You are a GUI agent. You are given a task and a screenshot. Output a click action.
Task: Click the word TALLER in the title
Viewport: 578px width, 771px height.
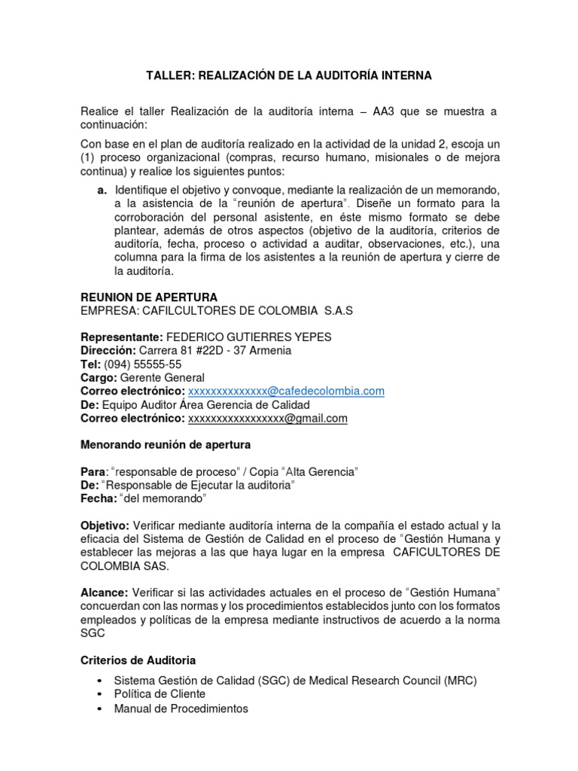(x=168, y=75)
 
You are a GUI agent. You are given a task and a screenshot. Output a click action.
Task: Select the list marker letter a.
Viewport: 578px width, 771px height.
(x=102, y=191)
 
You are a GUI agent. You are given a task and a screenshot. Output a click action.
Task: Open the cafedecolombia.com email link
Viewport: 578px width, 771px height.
(x=286, y=392)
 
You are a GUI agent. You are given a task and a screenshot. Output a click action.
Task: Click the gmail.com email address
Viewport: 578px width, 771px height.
(x=267, y=419)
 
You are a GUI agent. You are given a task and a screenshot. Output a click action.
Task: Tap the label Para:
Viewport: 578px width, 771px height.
(x=94, y=471)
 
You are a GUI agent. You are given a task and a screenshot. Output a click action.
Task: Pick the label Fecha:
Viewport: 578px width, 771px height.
(x=98, y=498)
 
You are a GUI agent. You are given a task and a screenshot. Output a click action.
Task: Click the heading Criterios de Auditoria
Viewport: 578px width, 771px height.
(x=138, y=660)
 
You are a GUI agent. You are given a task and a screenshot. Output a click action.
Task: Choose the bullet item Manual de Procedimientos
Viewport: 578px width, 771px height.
(x=181, y=709)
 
